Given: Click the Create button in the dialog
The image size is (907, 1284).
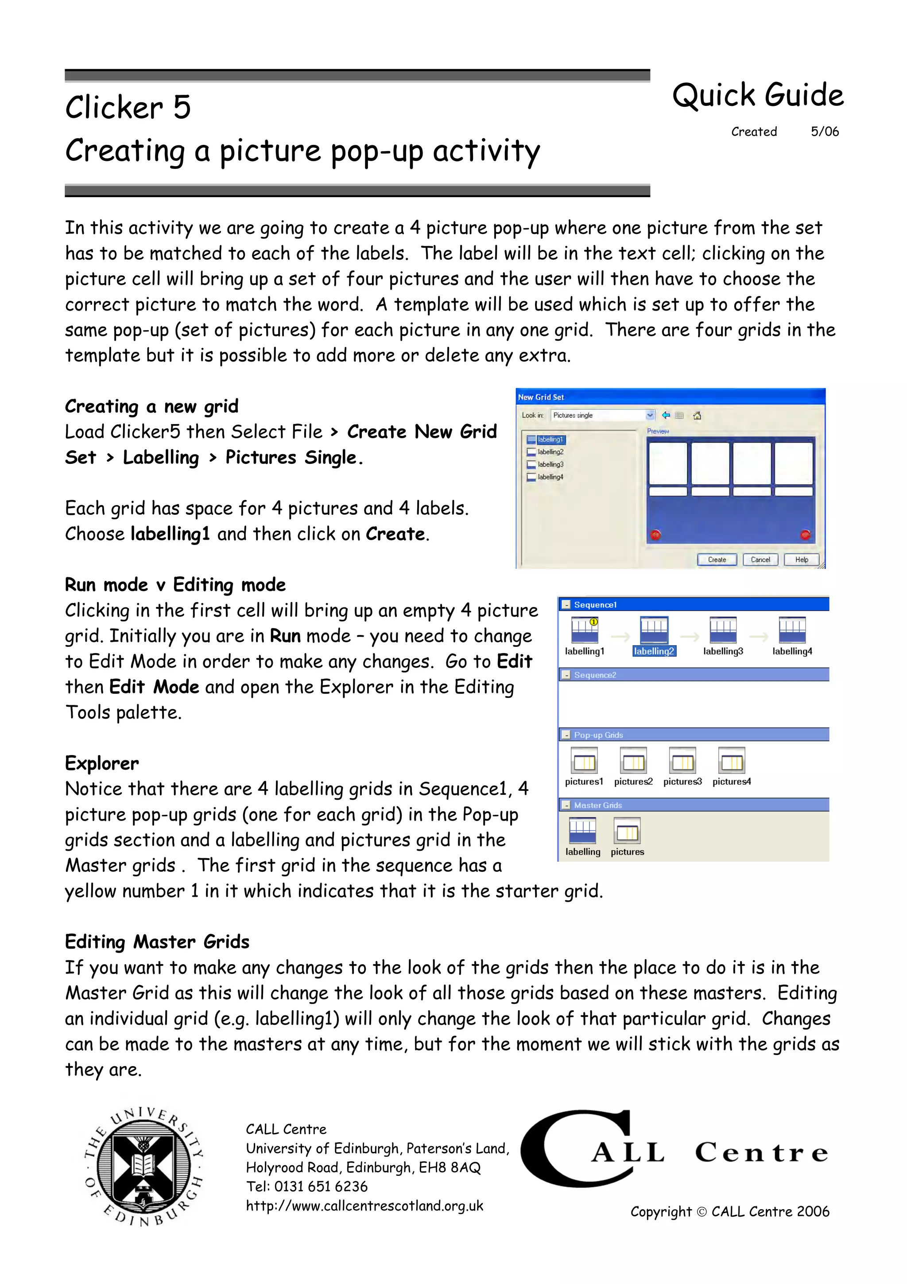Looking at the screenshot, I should tap(717, 559).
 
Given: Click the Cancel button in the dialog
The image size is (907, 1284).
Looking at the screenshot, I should tap(760, 559).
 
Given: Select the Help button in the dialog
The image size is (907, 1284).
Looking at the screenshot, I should tap(802, 559).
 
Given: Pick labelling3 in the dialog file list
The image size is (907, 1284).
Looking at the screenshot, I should tap(550, 464).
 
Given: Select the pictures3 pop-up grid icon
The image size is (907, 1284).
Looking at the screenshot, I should tap(682, 761).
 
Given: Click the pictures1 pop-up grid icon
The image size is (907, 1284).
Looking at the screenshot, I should tap(584, 761).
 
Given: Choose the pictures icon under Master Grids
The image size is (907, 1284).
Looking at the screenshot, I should tap(627, 832).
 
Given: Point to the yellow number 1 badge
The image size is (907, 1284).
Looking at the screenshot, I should tap(593, 622).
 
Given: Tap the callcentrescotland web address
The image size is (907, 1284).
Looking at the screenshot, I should tap(364, 1206).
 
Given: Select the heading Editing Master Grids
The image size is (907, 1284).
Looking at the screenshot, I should tap(157, 942).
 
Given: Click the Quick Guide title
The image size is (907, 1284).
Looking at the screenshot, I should tap(757, 95).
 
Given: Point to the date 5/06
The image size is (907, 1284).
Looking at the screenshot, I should tap(824, 132).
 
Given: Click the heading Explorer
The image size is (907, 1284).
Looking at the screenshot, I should tap(102, 763).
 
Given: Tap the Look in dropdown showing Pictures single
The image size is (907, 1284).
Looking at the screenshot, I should tap(602, 415).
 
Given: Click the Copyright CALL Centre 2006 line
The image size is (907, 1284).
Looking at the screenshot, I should tap(729, 1211).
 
